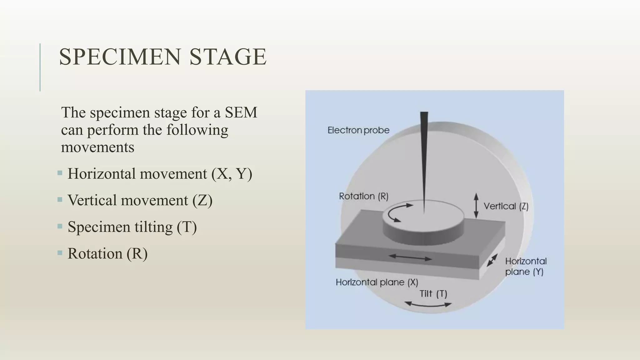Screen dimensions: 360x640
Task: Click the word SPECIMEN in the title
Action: (120, 57)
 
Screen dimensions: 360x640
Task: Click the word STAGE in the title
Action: (228, 57)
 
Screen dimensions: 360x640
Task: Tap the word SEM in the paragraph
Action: (241, 112)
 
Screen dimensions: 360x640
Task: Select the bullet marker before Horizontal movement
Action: (60, 173)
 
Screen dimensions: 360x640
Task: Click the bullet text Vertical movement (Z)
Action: (140, 200)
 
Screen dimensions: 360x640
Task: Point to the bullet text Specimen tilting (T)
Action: (132, 227)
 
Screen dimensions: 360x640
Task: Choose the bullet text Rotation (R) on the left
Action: (107, 253)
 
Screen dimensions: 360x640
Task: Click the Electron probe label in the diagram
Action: (358, 130)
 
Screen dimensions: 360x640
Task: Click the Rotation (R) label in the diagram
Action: (363, 196)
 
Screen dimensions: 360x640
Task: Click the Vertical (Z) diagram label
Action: (506, 206)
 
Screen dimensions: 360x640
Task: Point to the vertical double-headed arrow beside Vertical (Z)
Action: (476, 205)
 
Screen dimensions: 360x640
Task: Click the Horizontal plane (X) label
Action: (377, 282)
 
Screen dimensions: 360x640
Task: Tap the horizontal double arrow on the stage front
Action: (410, 257)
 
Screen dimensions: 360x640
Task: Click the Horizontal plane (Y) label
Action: (526, 267)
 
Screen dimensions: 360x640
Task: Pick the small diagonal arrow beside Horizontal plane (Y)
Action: (492, 260)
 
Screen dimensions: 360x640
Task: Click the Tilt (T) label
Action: (433, 294)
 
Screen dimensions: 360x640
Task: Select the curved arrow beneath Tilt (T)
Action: (427, 304)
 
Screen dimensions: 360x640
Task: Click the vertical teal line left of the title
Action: (40, 67)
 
